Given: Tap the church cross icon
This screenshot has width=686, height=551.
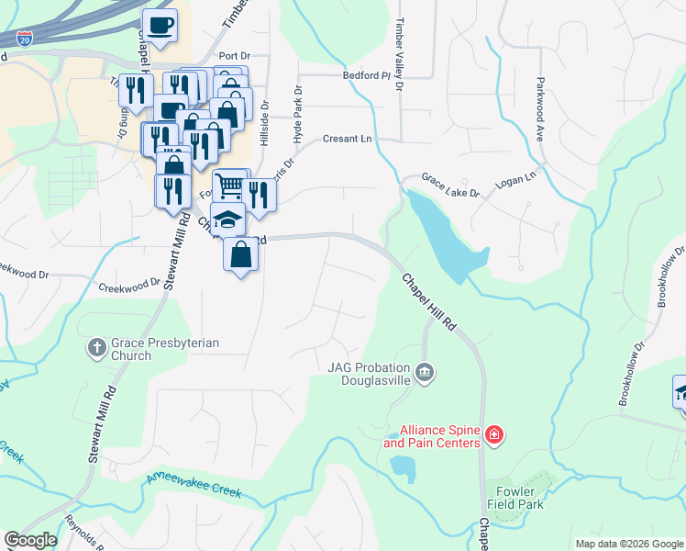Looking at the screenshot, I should (97, 348).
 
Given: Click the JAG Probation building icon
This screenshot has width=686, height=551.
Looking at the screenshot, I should (425, 372).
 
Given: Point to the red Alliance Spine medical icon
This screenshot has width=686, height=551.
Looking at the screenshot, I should (494, 433).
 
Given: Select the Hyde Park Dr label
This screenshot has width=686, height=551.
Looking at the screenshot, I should (297, 113).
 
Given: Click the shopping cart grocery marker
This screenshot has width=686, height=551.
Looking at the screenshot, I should (230, 186).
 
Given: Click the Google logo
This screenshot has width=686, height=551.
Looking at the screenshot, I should (31, 540).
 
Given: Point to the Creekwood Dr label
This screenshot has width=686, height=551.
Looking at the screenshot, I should (129, 286).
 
